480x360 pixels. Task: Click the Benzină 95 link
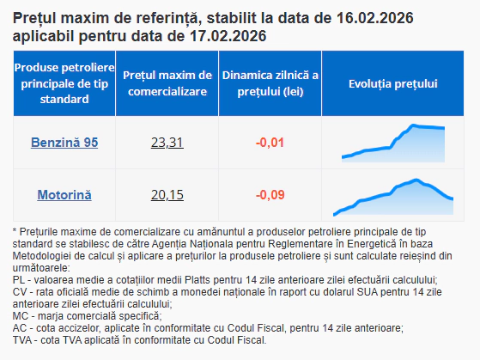64,142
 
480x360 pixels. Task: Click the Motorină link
64,195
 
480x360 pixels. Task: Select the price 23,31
167,142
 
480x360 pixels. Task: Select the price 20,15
167,195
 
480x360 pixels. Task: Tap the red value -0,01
270,142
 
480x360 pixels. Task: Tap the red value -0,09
270,195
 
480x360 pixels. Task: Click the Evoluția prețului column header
394,84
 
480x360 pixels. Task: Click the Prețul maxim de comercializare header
167,84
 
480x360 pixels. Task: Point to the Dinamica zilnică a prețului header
270,84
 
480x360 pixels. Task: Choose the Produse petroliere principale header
64,84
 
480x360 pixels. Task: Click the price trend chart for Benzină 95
394,142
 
